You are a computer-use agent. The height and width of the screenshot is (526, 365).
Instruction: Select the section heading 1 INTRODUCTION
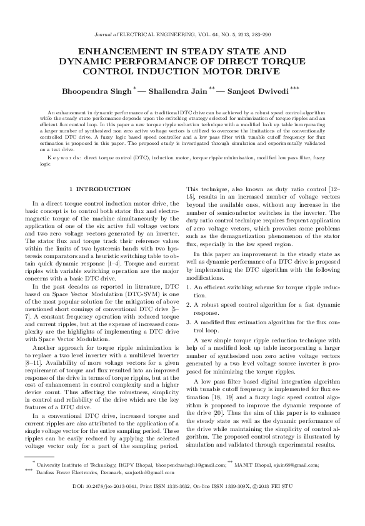(100, 188)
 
